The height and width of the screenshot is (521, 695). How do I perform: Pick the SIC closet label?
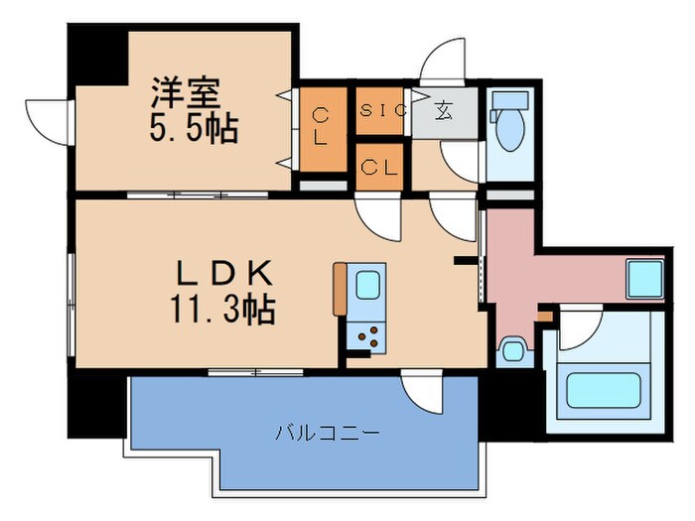click(383, 110)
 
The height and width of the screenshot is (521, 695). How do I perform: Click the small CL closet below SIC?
click(379, 167)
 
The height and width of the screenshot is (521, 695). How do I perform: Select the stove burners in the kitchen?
click(367, 335)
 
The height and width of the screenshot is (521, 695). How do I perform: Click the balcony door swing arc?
click(420, 390)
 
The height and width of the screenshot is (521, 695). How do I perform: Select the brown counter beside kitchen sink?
click(341, 288)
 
